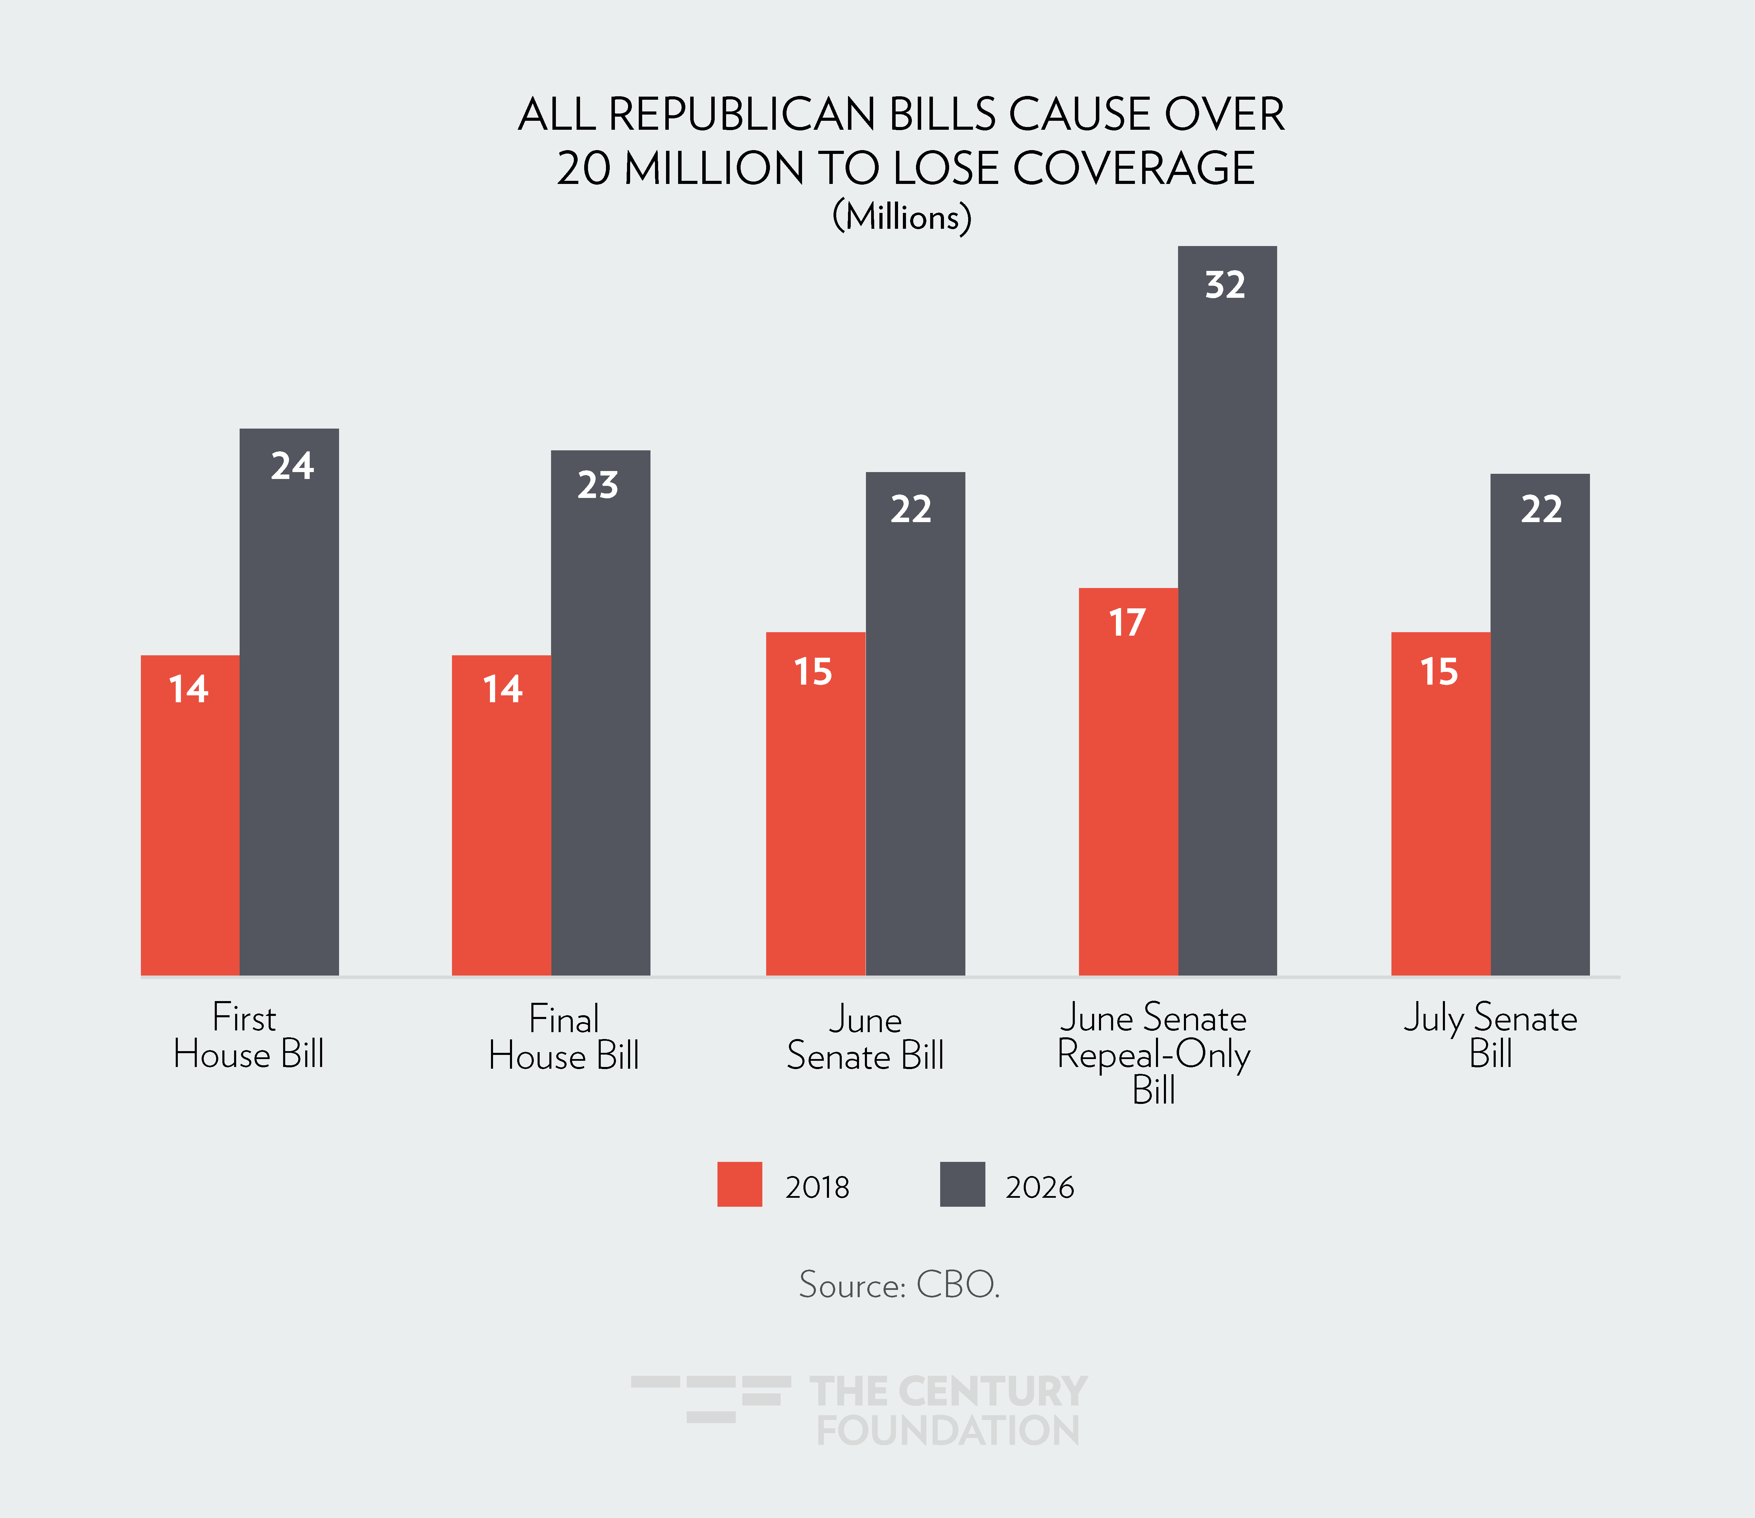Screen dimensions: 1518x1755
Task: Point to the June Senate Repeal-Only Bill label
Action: pyautogui.click(x=1153, y=1053)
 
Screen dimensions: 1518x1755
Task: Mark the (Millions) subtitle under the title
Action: pyautogui.click(x=901, y=217)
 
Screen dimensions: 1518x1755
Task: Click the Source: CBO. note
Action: pyautogui.click(x=899, y=1285)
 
